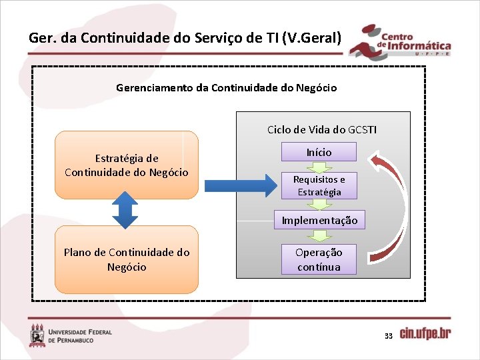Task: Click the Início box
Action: tap(319, 152)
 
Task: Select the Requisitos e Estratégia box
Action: tap(319, 186)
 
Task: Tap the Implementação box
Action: tap(319, 220)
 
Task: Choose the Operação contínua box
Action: tap(319, 259)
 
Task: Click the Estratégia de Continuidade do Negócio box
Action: tap(127, 165)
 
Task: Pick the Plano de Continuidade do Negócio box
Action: tap(127, 260)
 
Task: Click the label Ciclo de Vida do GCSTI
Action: tap(321, 129)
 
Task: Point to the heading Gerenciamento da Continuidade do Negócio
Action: tap(226, 87)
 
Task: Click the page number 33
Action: tap(388, 336)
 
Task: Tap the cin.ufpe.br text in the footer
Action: tap(425, 333)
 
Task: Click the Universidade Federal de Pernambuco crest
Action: tap(37, 335)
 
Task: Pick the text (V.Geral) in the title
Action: tap(312, 37)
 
